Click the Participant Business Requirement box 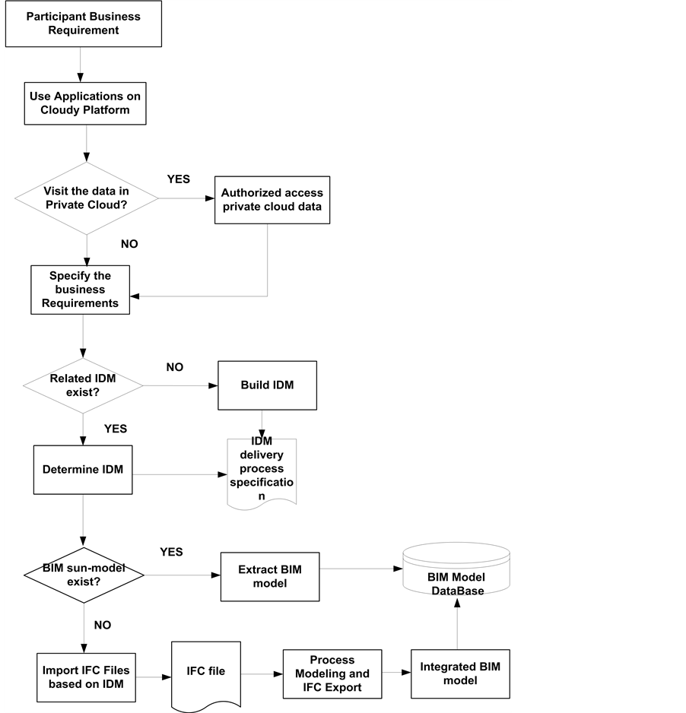tap(84, 24)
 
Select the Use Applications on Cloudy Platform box tap(84, 103)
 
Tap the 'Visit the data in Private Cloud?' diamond tap(87, 198)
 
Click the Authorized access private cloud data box tap(272, 199)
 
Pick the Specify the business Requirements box tap(80, 289)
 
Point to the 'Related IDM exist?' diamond tap(83, 385)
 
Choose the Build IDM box tap(267, 385)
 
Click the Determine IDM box tap(83, 469)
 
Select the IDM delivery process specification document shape tap(262, 471)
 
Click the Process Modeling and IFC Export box tap(331, 673)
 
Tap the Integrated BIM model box tap(459, 673)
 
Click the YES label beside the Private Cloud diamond tap(178, 179)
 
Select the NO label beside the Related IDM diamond tap(175, 367)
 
